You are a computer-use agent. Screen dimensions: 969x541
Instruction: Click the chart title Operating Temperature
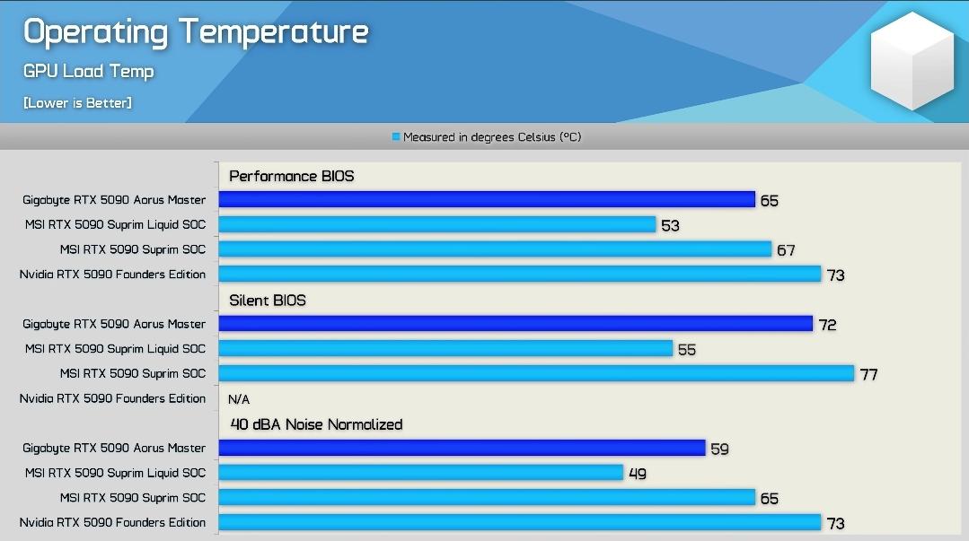pos(196,32)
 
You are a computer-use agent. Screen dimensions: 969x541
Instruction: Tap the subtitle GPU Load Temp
pos(88,72)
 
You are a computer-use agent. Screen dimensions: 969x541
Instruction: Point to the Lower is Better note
pos(77,102)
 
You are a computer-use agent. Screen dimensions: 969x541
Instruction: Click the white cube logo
pos(912,60)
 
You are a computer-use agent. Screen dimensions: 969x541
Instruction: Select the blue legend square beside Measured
pos(396,136)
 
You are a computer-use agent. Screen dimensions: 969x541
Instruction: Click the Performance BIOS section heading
pos(292,176)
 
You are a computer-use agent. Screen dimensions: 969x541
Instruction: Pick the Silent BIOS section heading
pos(268,301)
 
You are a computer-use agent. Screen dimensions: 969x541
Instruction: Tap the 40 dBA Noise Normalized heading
pos(316,424)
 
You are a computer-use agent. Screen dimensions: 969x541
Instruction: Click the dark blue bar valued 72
pos(515,324)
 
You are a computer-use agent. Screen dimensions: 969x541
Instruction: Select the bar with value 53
pos(437,224)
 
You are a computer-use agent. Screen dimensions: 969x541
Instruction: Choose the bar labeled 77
pos(536,373)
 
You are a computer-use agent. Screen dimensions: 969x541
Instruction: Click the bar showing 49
pos(421,473)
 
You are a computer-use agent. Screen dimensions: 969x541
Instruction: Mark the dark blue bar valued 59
pos(462,448)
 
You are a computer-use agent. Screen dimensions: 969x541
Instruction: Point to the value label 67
pos(786,250)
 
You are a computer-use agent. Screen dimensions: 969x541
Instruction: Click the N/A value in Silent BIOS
pos(239,399)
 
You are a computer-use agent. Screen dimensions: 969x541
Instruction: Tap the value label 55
pos(687,350)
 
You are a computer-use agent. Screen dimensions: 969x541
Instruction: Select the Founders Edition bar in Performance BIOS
pos(520,274)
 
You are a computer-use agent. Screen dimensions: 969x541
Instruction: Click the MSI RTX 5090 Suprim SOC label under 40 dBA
pos(133,498)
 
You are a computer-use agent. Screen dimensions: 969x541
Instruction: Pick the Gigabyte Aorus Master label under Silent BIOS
pos(114,324)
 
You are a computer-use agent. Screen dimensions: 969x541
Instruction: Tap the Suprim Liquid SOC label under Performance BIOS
pos(116,225)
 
